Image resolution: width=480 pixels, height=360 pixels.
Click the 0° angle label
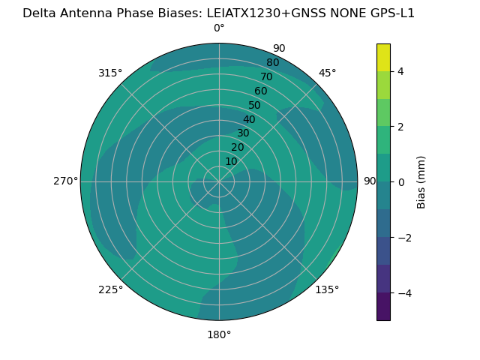tap(219, 28)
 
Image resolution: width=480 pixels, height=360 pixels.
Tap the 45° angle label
tap(328, 73)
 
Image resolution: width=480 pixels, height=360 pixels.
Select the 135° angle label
tap(327, 289)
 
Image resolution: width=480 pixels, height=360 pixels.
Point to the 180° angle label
tap(219, 334)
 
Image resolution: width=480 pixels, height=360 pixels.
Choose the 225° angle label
tap(110, 289)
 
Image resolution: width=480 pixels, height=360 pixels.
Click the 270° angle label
tap(65, 181)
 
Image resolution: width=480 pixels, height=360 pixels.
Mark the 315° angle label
tap(110, 73)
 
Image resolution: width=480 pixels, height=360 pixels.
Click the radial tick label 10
tap(231, 161)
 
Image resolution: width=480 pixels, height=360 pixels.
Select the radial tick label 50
tap(255, 106)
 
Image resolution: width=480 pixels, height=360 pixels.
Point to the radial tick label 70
tap(266, 77)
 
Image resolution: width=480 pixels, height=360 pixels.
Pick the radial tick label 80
tap(272, 63)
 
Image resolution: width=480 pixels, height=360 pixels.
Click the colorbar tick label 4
tap(400, 71)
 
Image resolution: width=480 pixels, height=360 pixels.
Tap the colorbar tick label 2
tap(400, 127)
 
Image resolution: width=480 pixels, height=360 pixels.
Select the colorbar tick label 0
tap(400, 182)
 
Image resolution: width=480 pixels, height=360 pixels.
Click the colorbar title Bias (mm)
tap(421, 181)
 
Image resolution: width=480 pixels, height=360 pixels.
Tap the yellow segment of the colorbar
tap(383, 57)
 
